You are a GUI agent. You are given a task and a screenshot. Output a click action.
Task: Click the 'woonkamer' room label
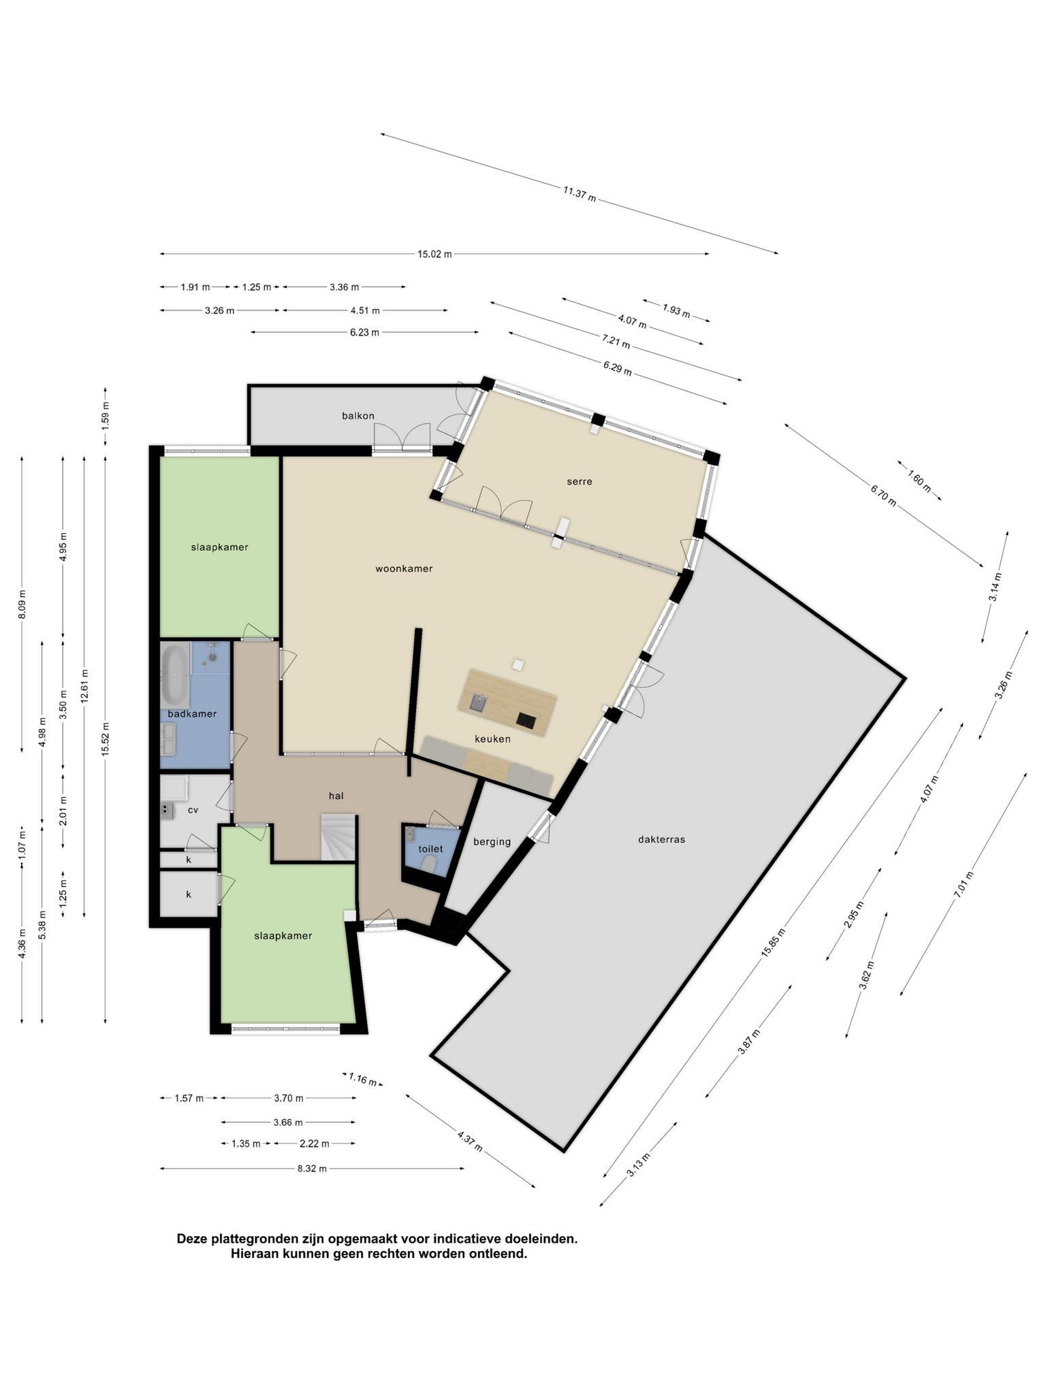[x=404, y=568]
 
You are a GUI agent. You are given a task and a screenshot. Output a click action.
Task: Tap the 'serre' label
[x=580, y=481]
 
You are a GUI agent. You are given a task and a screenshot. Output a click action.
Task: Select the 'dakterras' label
[x=661, y=839]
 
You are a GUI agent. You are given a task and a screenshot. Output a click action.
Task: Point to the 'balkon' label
[x=358, y=415]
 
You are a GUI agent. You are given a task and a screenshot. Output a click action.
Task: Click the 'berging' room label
[x=492, y=841]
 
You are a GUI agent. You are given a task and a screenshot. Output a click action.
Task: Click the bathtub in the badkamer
[x=175, y=674]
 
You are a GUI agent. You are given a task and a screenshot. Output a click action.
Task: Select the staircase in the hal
[x=339, y=837]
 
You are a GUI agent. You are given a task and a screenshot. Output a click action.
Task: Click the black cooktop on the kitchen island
[x=526, y=719]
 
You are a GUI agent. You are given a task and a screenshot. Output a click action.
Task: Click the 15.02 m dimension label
[x=434, y=254]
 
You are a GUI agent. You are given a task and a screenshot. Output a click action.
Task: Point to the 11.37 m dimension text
[x=580, y=194]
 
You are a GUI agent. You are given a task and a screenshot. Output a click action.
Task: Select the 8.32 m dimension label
[x=312, y=1169]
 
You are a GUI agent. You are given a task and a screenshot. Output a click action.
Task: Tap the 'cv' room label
[x=193, y=810]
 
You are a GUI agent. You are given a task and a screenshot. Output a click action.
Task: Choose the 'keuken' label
[x=492, y=739]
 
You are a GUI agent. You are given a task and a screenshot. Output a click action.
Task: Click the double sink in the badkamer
[x=168, y=739]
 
